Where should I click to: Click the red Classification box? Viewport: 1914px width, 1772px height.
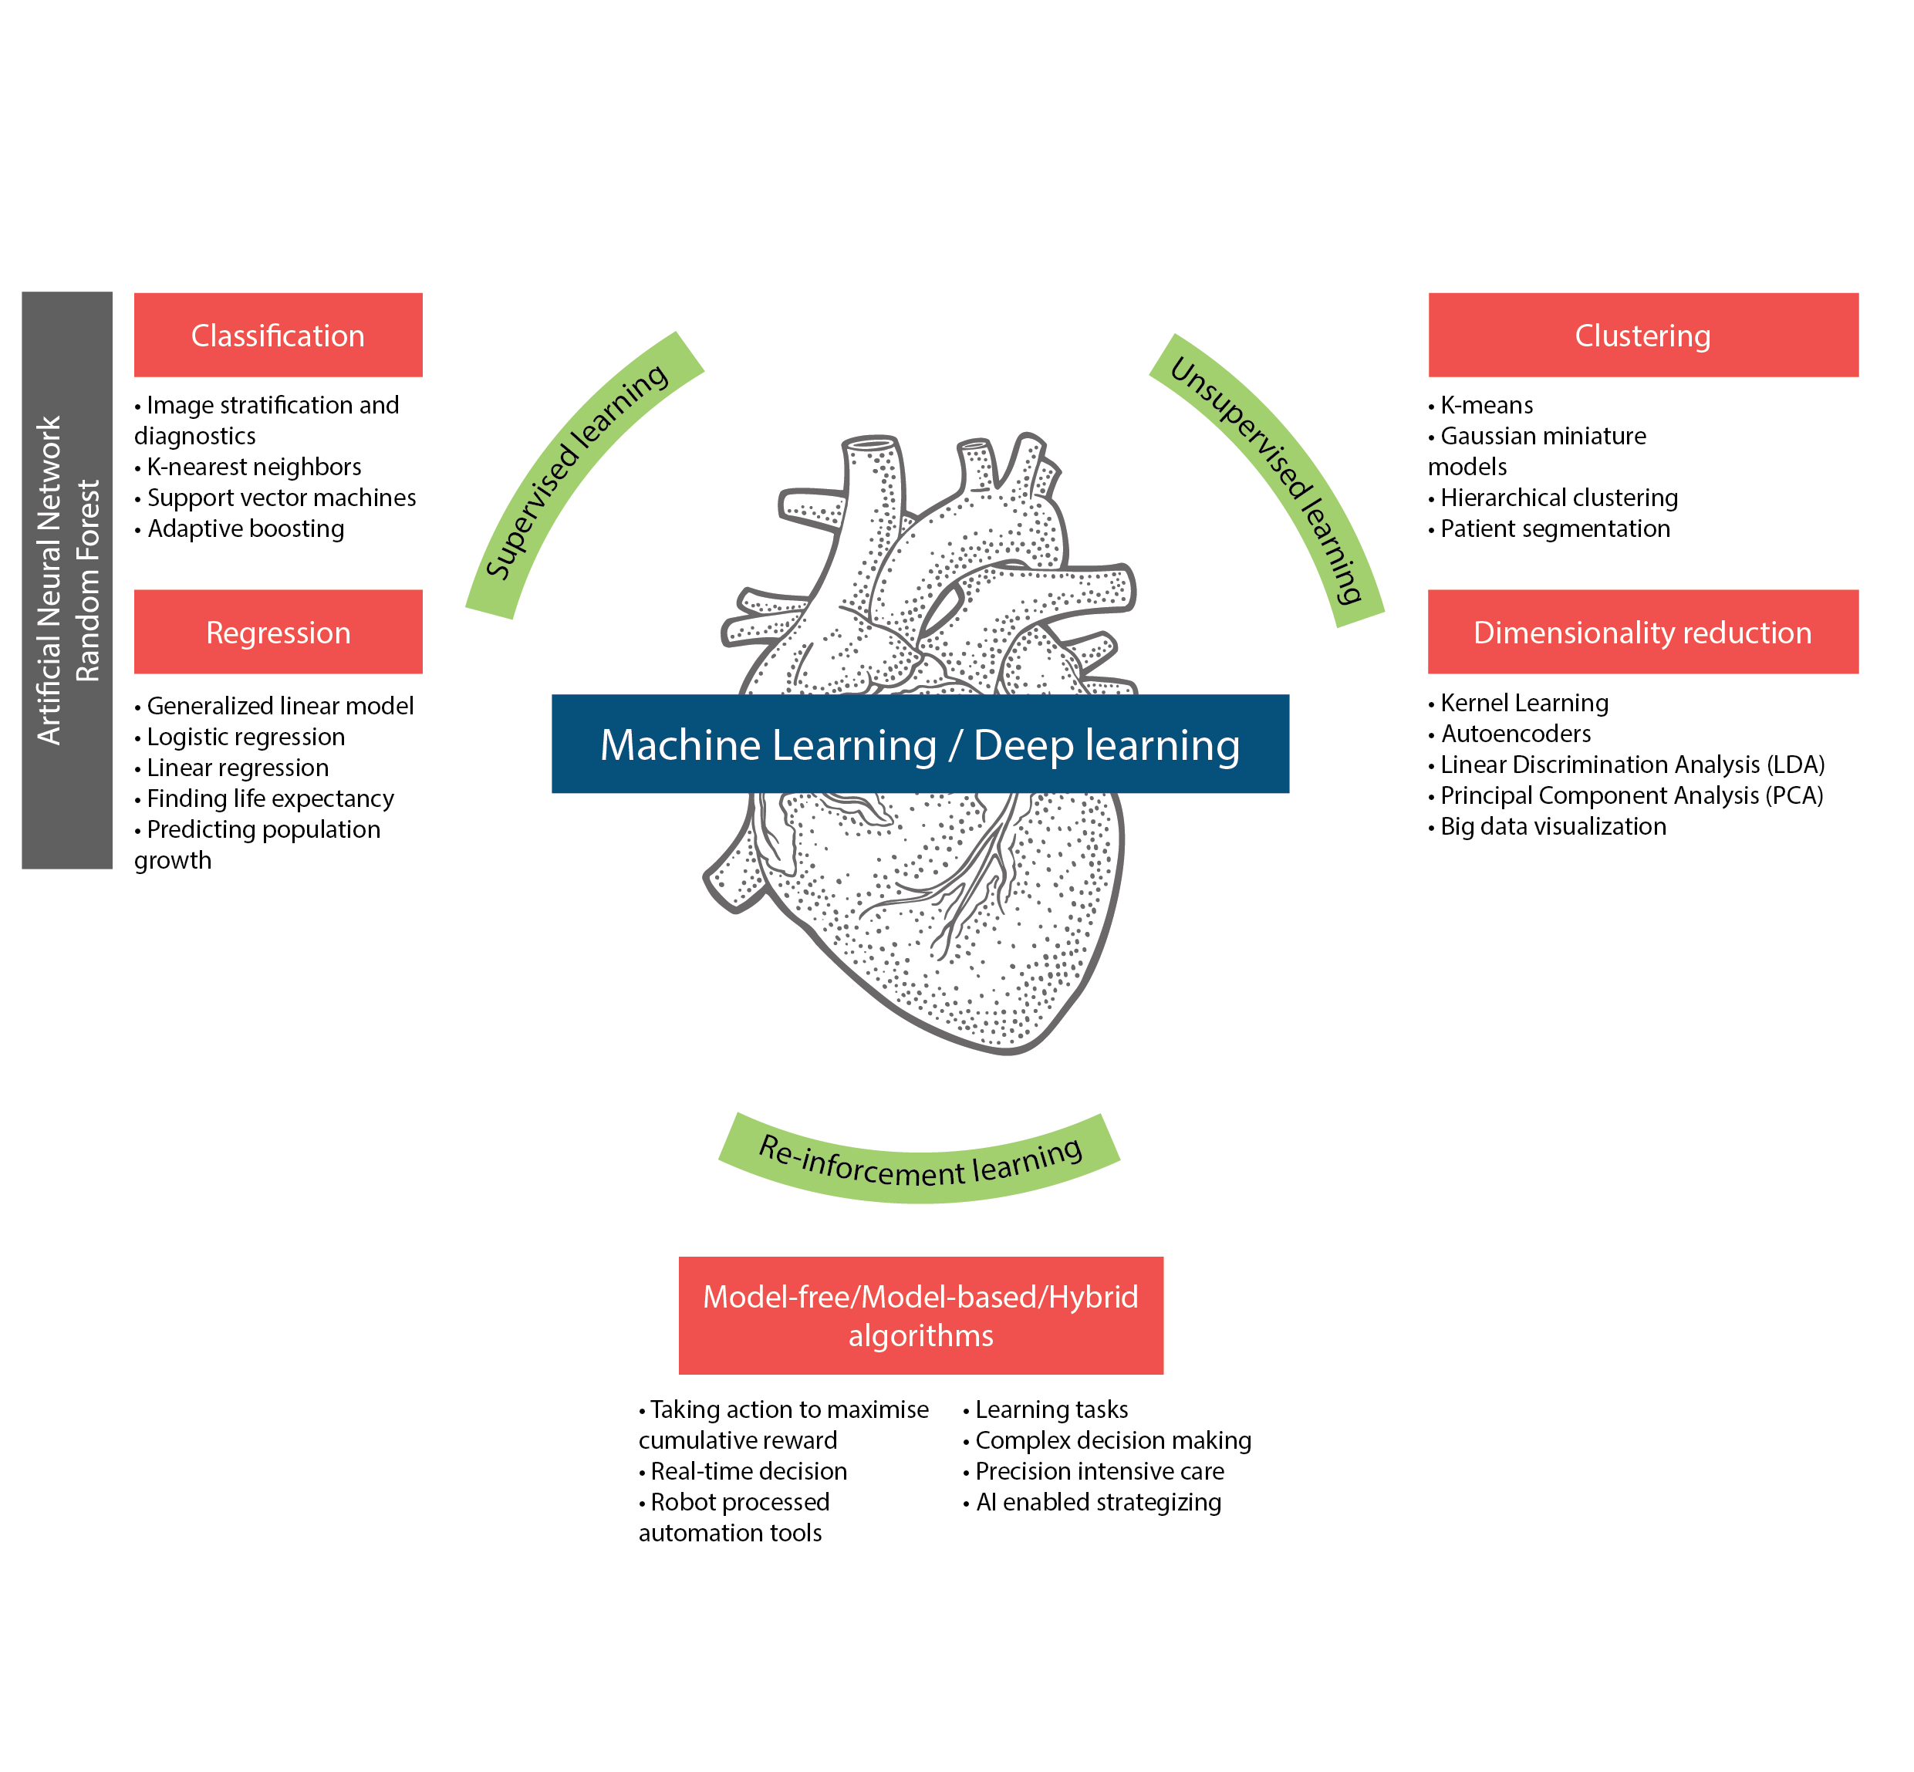(278, 335)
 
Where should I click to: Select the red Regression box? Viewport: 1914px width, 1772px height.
(278, 632)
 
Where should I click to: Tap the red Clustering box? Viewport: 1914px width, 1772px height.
(1642, 335)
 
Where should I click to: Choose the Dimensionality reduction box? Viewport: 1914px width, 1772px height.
(1642, 632)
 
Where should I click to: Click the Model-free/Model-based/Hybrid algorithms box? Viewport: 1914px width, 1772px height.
(920, 1315)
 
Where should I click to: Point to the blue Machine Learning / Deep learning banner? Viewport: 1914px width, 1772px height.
(920, 744)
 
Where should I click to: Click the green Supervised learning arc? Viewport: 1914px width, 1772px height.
(576, 470)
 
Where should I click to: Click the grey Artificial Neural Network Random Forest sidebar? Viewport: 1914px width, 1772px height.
(67, 579)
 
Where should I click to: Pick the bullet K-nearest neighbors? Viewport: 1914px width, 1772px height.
(253, 467)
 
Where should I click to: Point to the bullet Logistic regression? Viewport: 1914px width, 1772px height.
(245, 737)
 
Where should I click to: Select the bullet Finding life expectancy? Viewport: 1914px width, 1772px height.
(269, 798)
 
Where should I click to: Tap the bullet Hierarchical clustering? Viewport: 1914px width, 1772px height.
(1558, 498)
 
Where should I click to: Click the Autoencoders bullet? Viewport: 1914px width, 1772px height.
(1515, 734)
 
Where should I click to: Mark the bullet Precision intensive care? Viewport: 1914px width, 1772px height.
(1099, 1471)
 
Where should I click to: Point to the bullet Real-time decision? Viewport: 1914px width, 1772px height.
(748, 1471)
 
